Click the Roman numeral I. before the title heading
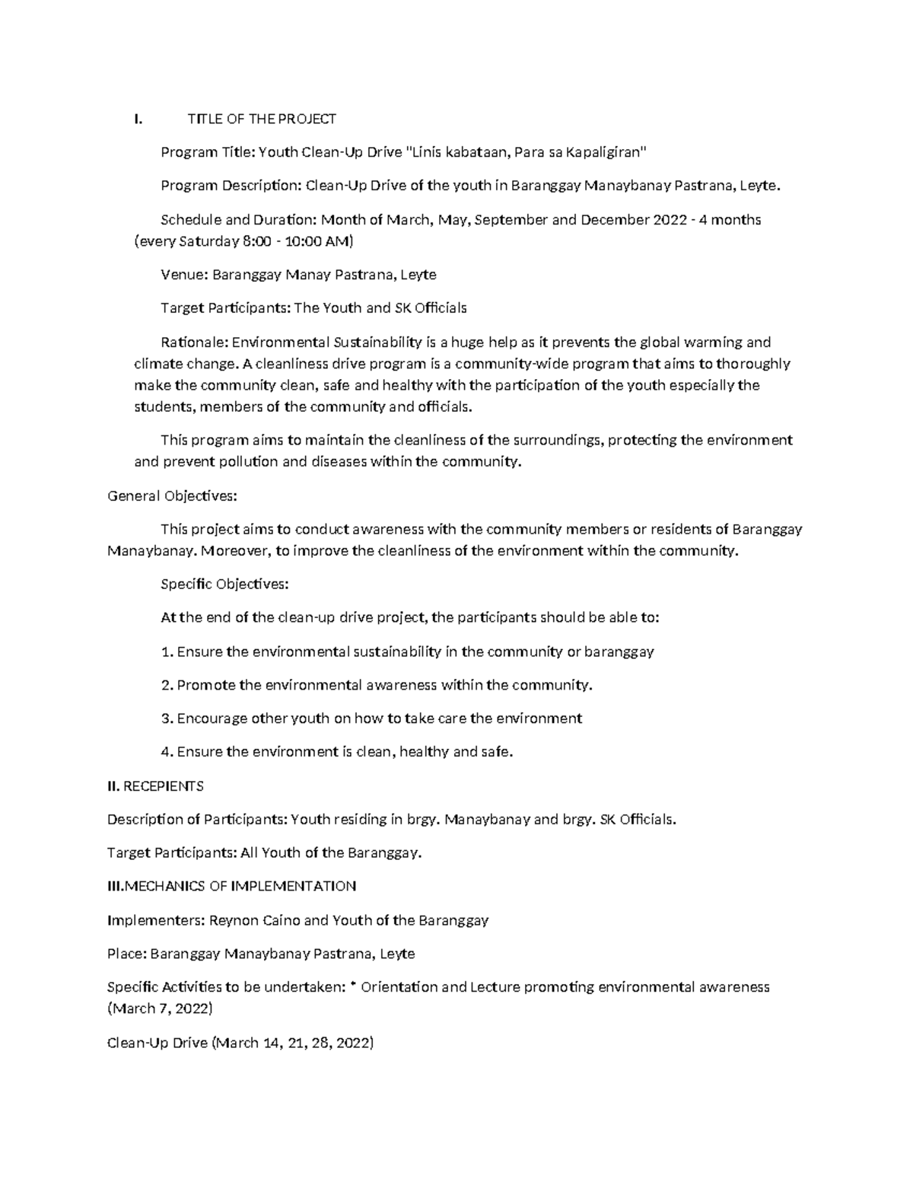137,119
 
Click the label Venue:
184,275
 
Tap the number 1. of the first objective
167,652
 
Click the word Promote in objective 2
206,685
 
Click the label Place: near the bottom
127,954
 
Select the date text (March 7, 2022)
160,1009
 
